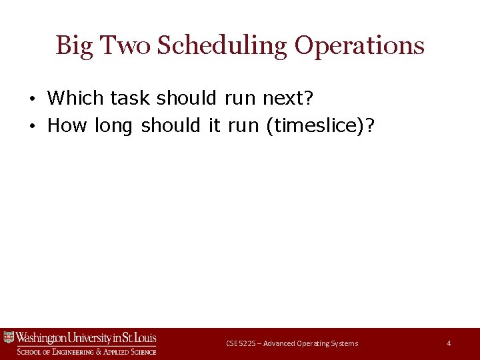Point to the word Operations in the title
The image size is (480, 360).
pos(359,46)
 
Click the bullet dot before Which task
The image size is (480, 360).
pos(32,99)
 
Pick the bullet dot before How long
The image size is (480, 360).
pos(32,126)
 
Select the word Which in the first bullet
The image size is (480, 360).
pos(75,98)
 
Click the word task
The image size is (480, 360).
pos(131,98)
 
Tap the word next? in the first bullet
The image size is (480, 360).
pos(287,98)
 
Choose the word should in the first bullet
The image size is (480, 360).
pos(187,98)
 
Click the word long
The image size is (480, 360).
pos(115,125)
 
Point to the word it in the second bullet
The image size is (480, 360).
pos(214,125)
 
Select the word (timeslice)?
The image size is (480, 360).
pos(319,125)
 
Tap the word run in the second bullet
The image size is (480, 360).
pos(243,125)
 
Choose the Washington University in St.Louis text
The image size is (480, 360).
pos(86,337)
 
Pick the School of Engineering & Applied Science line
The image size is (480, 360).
pos(86,351)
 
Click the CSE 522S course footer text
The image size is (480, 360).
pos(291,343)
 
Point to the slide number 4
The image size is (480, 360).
pos(449,343)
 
